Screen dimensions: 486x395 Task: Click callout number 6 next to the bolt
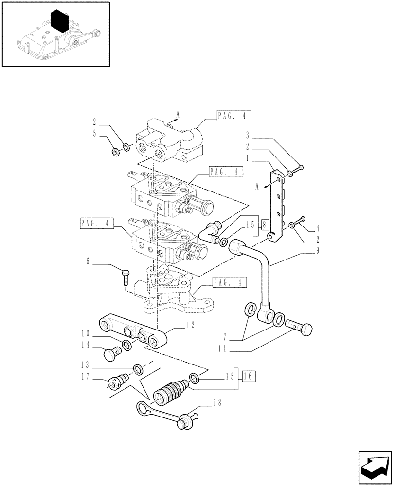[88, 262]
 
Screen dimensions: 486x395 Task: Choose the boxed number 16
[248, 376]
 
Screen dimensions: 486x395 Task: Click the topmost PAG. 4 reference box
[235, 115]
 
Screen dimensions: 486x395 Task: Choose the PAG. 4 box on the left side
[96, 224]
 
